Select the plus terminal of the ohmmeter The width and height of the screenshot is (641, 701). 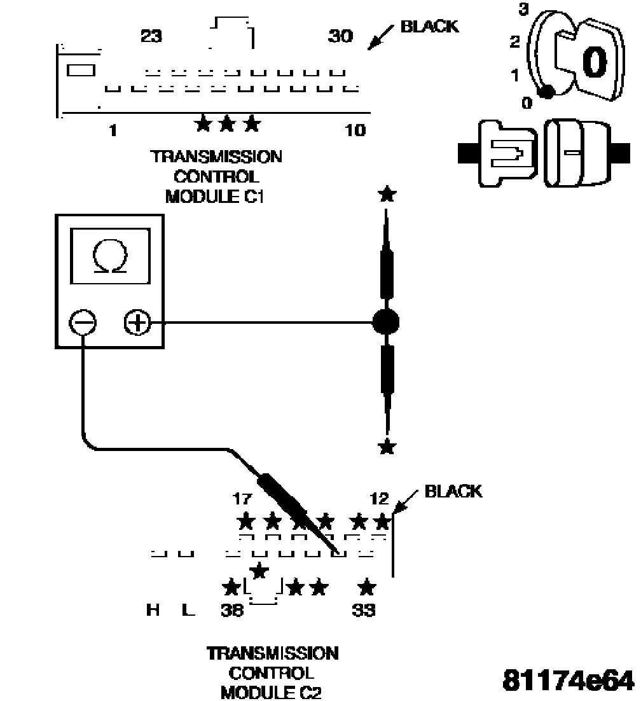click(137, 324)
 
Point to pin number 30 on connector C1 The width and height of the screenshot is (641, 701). click(341, 36)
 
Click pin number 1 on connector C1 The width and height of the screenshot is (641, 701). click(113, 131)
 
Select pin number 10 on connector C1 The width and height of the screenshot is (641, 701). click(355, 131)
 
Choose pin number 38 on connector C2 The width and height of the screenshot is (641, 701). click(232, 611)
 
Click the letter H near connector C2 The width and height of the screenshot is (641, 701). click(153, 611)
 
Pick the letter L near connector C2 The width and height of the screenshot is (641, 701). click(186, 611)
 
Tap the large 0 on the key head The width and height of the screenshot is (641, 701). click(595, 63)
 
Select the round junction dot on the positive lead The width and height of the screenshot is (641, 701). click(385, 323)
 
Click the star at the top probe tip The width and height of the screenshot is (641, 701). click(385, 194)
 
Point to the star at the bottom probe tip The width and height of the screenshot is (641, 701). click(385, 447)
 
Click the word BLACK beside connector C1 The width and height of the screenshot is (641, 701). click(429, 27)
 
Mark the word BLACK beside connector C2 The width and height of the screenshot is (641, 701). click(453, 491)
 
